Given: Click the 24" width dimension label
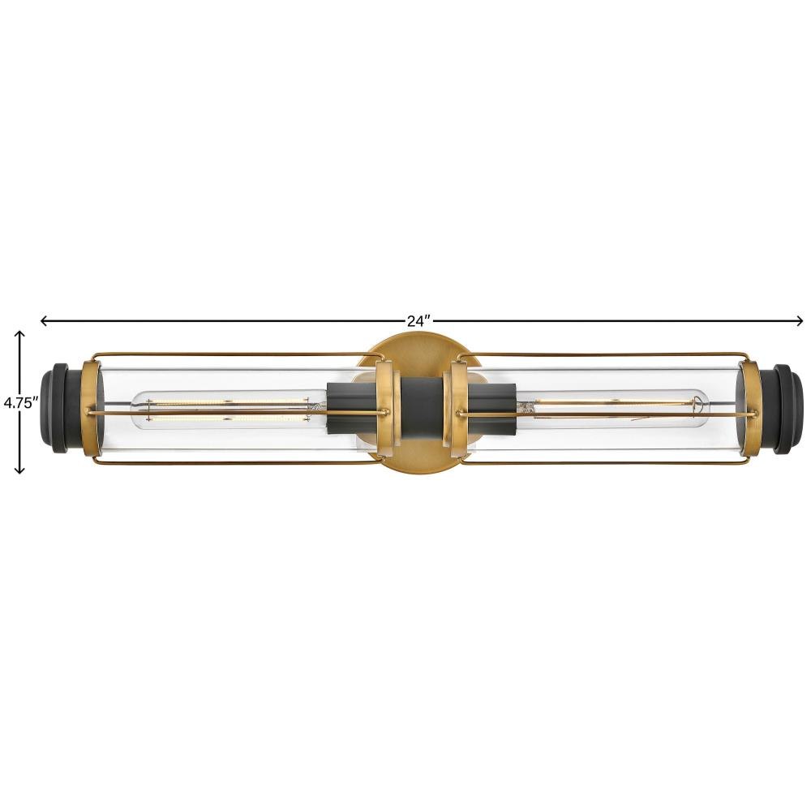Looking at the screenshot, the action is [x=418, y=321].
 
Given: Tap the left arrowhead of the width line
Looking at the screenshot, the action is [x=45, y=321].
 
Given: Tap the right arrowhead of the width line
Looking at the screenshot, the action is [x=799, y=321].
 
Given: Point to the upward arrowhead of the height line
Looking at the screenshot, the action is [x=19, y=335].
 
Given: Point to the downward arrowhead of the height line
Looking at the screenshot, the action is [x=19, y=469].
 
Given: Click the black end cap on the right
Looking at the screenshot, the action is [x=783, y=409].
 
